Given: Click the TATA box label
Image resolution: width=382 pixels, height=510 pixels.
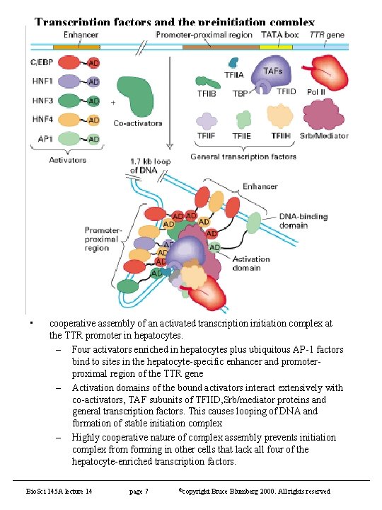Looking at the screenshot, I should click(270, 35).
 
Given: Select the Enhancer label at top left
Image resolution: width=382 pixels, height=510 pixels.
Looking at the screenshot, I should click(81, 35).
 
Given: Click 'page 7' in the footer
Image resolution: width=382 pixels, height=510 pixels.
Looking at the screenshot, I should click(138, 492).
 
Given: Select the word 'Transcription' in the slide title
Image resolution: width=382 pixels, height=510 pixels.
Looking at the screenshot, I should click(71, 22).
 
